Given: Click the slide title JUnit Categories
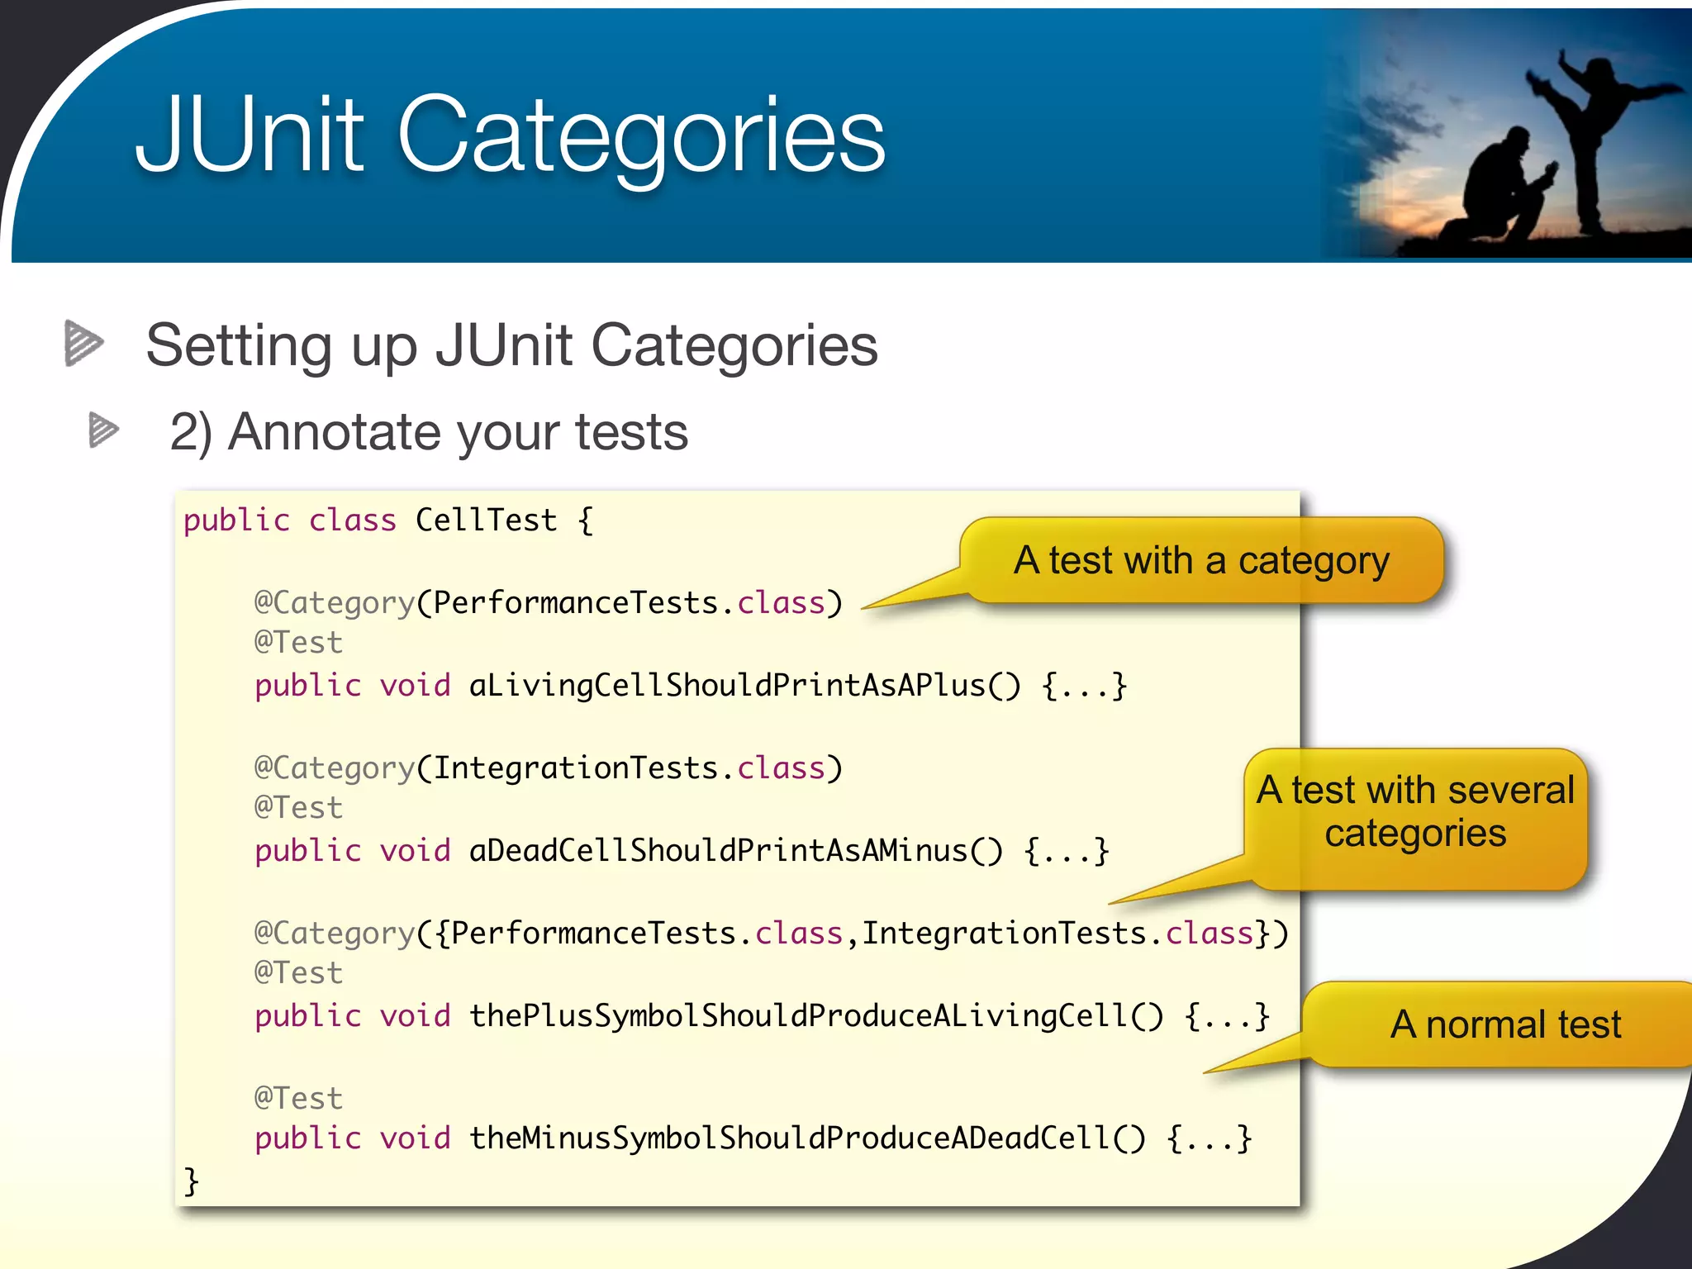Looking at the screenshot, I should (510, 136).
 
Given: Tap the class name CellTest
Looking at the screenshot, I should (486, 520).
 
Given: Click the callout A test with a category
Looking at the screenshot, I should (1201, 561).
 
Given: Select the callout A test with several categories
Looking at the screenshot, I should (1415, 811).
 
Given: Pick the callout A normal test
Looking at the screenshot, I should (1504, 1024).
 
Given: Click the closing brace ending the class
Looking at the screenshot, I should (191, 1181).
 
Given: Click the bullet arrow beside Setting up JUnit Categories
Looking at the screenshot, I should (83, 343).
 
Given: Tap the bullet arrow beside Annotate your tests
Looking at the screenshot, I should (103, 430).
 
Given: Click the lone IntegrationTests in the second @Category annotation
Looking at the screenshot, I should (575, 768).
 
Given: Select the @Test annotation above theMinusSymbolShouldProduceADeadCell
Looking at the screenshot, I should (297, 1099).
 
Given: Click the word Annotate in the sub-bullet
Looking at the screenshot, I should (335, 432).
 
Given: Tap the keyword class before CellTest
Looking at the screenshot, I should (352, 520).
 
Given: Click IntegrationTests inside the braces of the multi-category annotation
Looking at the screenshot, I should (1004, 934).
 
